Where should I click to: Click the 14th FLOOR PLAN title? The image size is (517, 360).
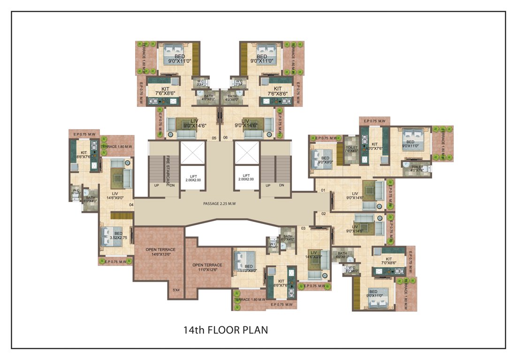click(225, 330)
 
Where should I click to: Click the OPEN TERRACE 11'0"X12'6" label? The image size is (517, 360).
click(207, 268)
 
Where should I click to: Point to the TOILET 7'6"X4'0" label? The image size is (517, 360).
click(351, 149)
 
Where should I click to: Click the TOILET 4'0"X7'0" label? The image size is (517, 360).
click(417, 168)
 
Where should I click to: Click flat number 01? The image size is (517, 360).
click(323, 191)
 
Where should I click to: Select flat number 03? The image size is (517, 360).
click(303, 228)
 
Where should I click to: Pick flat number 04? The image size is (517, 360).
click(131, 204)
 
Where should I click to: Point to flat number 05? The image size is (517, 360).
click(214, 138)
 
